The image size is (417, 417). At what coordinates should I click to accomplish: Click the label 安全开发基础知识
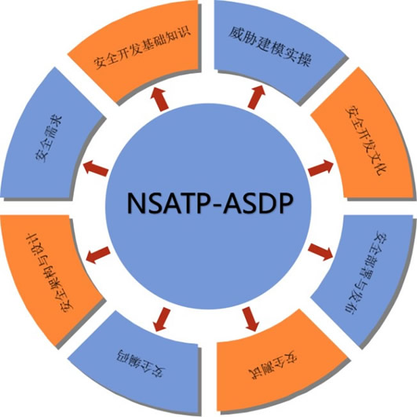142,48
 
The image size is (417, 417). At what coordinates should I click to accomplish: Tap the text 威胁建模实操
270,46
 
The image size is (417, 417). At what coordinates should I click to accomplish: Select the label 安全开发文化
367,141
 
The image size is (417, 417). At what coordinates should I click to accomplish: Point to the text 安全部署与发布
367,273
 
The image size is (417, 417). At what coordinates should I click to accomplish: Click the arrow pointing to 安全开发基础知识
159,100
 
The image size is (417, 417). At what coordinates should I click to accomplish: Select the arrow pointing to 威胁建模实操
256,97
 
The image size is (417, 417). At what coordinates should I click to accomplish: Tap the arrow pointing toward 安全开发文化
320,168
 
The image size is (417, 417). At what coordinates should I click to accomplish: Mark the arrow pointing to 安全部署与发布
320,252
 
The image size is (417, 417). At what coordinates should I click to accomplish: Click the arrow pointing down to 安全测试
251,319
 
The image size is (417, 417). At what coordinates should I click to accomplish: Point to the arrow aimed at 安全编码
162,320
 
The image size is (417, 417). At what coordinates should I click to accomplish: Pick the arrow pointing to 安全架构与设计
98,254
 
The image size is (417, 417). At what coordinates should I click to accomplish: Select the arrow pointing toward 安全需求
96,168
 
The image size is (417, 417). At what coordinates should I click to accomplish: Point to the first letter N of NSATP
136,203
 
